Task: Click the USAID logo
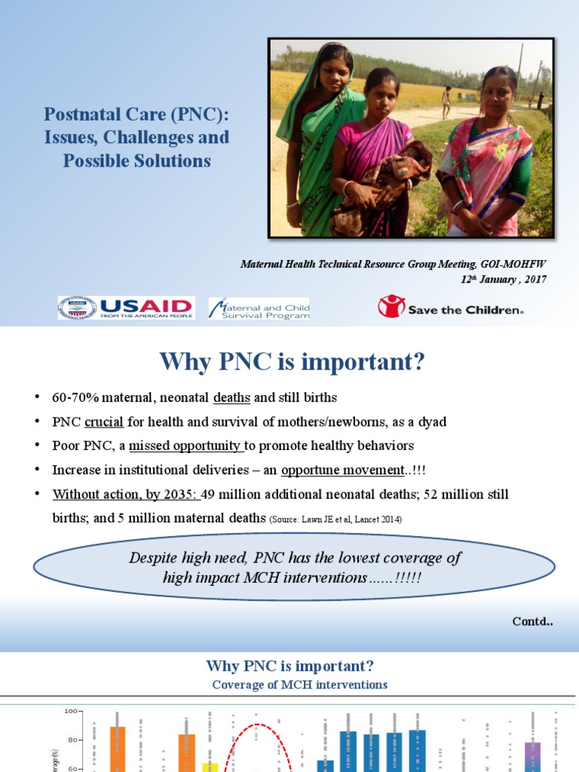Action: pos(126,308)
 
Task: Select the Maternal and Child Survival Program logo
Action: pos(259,308)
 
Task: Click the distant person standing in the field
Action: pos(446,101)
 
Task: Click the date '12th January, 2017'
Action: pos(504,279)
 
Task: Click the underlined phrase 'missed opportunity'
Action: pos(185,446)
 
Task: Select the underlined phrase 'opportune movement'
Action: pos(342,470)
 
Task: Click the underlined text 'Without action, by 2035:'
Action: pos(125,494)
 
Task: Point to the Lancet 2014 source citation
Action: pos(335,519)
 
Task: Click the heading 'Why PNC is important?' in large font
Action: pos(292,363)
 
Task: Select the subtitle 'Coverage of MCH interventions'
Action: pos(299,685)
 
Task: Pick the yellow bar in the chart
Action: pos(210,767)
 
